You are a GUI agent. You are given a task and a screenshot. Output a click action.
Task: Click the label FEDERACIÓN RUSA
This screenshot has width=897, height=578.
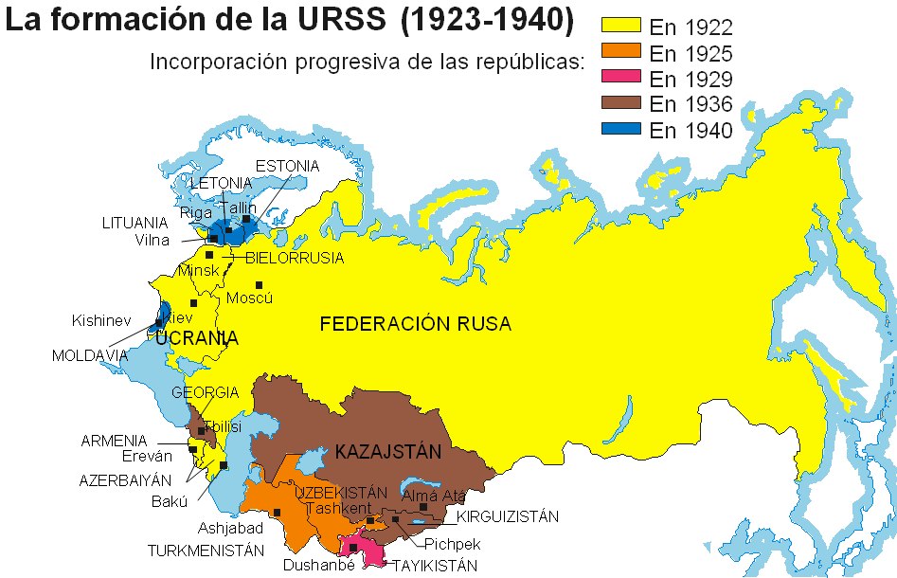click(x=415, y=324)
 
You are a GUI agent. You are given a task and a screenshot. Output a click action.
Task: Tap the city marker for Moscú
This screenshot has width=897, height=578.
click(x=258, y=285)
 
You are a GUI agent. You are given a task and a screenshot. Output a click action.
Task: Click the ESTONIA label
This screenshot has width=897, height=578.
click(x=288, y=166)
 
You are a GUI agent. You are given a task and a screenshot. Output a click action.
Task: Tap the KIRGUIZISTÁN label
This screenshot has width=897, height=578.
click(x=507, y=517)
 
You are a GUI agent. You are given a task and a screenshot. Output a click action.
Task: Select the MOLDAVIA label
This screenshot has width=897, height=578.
click(x=91, y=355)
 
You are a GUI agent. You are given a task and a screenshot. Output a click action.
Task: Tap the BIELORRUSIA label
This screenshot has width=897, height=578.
click(x=295, y=258)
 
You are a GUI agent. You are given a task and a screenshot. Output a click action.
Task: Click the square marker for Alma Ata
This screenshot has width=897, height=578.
click(x=424, y=508)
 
